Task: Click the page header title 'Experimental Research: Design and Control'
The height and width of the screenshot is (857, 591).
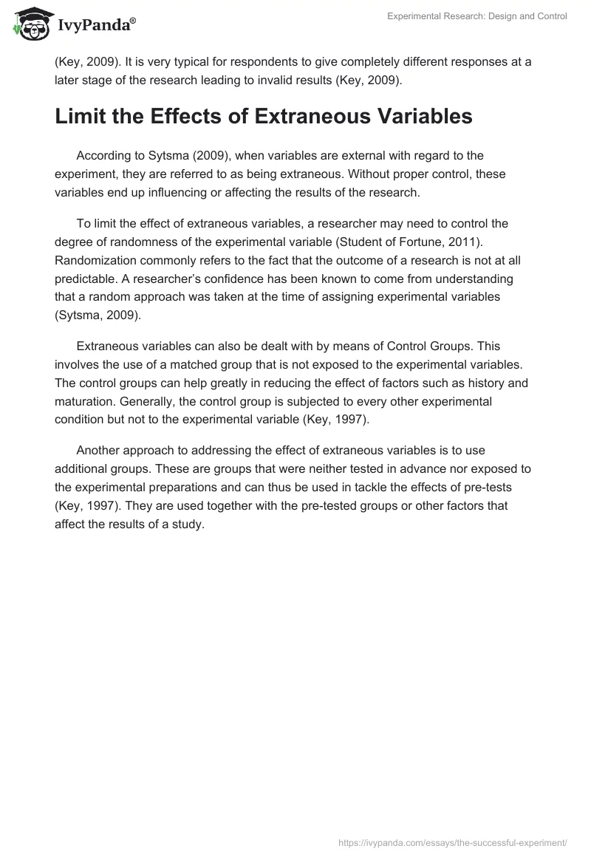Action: click(x=477, y=16)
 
